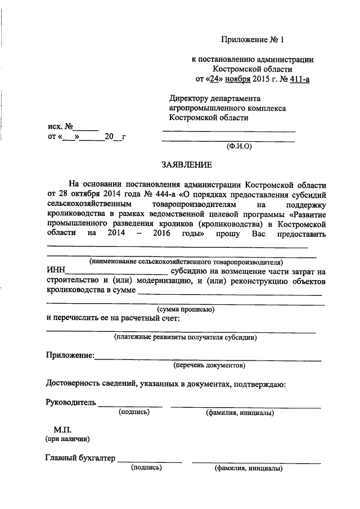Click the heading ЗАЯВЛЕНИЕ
(187, 165)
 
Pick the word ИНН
(55, 271)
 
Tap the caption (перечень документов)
(209, 365)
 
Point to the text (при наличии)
(67, 438)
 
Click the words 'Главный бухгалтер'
(80, 458)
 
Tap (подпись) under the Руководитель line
(133, 412)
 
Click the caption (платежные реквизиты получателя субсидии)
(185, 338)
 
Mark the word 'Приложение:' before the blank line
(70, 355)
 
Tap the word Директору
(189, 97)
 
